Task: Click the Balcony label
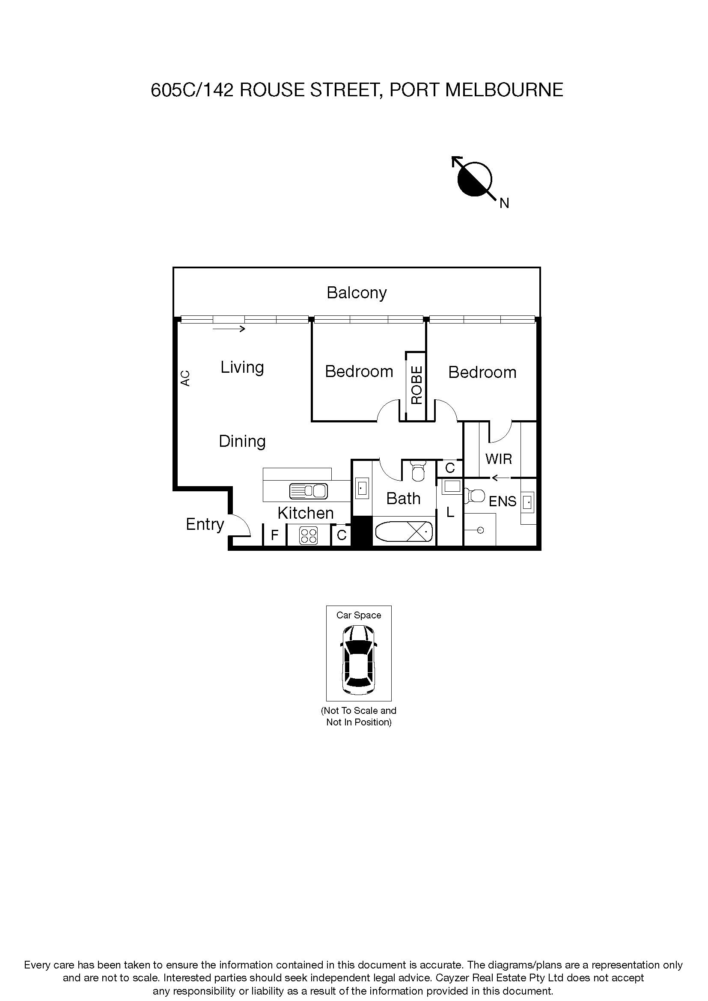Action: [357, 293]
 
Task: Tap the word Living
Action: [242, 368]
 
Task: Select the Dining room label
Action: [242, 441]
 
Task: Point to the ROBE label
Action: [417, 385]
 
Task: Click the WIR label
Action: [498, 459]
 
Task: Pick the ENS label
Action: [502, 502]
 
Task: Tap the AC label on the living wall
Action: [185, 378]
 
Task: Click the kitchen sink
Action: [308, 491]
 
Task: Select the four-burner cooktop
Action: [308, 536]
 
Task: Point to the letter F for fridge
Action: [275, 535]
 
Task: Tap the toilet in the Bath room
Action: [418, 472]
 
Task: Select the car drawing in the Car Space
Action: [358, 659]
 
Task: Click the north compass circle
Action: [474, 179]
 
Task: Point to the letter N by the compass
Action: [504, 204]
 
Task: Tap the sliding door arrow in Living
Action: [229, 329]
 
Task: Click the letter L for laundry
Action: [450, 512]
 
